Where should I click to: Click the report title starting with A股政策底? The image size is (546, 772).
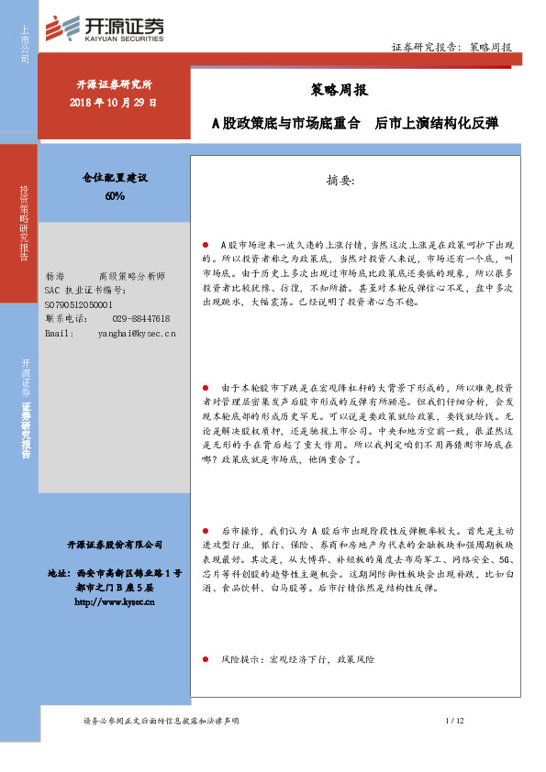point(355,123)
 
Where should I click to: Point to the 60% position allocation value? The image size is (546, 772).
point(115,196)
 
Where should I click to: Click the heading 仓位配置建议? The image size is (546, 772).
point(115,180)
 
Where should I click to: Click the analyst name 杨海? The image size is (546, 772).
point(54,276)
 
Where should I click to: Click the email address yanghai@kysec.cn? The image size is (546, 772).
point(137,333)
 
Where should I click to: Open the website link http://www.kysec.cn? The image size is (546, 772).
point(114,602)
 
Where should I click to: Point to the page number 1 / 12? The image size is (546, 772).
point(455,722)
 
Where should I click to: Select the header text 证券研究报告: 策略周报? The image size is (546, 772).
point(451,47)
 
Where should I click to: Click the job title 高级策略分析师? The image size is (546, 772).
point(131,276)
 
